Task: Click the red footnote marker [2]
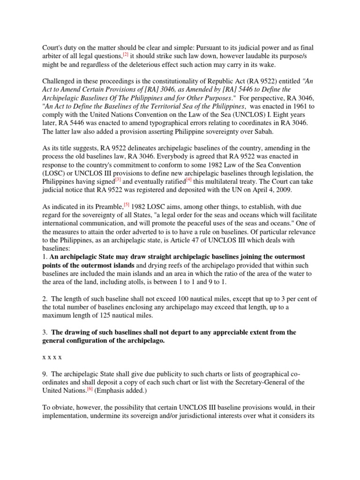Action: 126,55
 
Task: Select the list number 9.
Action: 45,373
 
